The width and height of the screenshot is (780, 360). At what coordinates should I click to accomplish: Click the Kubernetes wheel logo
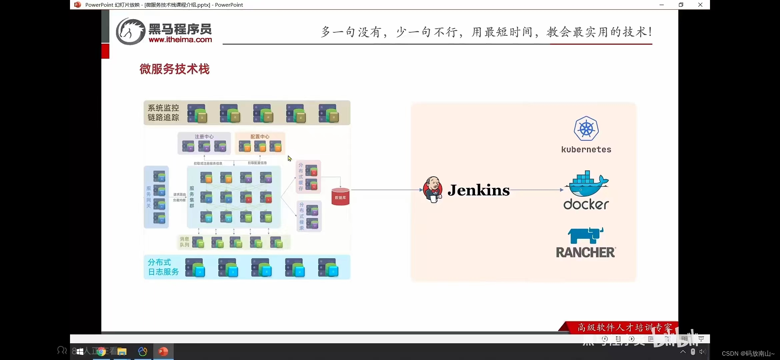(586, 129)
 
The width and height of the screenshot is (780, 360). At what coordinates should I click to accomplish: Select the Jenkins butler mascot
(433, 190)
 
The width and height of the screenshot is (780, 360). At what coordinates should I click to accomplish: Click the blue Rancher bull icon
(585, 236)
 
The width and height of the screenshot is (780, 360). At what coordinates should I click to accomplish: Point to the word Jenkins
(479, 190)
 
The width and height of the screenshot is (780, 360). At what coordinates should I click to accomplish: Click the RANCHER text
(586, 253)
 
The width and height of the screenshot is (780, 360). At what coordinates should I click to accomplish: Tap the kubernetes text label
(586, 150)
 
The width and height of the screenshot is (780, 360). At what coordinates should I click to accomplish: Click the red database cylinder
(340, 197)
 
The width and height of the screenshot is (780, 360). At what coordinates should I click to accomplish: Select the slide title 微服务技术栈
(174, 69)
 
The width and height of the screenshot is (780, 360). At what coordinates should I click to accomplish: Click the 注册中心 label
(204, 137)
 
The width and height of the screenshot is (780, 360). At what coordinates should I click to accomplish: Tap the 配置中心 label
(260, 137)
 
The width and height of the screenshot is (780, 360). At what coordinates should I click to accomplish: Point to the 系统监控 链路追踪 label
(163, 113)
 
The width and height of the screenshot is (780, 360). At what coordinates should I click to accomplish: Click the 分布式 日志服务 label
(163, 267)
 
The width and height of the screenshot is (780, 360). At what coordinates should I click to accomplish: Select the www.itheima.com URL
(180, 40)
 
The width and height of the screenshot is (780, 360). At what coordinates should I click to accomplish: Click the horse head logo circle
(130, 32)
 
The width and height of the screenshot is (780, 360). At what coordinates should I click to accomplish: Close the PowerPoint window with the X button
(700, 5)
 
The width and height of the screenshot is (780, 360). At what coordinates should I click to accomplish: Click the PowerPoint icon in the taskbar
(163, 352)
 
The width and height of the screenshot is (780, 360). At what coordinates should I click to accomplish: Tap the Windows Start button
(80, 352)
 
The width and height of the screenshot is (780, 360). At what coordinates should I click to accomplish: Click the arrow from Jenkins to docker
(537, 190)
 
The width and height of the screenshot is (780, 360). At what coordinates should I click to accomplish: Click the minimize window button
(662, 5)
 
